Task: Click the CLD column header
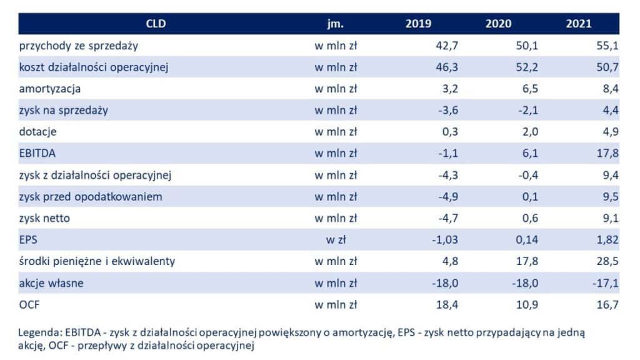[x=156, y=24]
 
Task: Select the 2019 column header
[x=418, y=24]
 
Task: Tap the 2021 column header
[x=578, y=24]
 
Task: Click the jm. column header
[x=335, y=24]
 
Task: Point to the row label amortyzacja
[x=50, y=89]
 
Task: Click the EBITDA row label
[x=37, y=154]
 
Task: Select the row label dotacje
[x=37, y=132]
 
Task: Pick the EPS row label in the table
[x=28, y=239]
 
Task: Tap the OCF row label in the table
[x=29, y=304]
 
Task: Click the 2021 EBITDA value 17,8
[x=607, y=154]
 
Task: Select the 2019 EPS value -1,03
[x=445, y=240]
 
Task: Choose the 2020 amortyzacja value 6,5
[x=530, y=89]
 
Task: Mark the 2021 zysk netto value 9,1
[x=611, y=218]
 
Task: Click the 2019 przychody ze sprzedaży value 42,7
[x=447, y=46]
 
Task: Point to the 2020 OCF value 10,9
[x=527, y=305]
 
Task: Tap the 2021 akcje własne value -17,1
[x=606, y=283]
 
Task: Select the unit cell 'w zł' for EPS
[x=336, y=239]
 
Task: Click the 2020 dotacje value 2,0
[x=530, y=132]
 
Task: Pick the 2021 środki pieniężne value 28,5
[x=607, y=261]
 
